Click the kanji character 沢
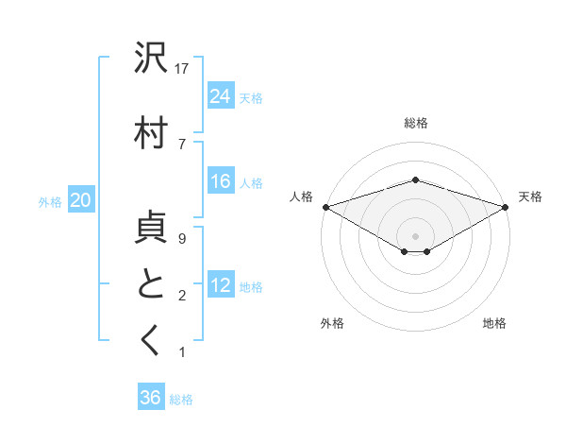coord(151,59)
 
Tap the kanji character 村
coord(151,133)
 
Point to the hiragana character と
coord(151,284)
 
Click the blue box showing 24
coord(221,95)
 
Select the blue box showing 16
coord(221,181)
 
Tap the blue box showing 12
coord(221,285)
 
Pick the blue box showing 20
coord(81,200)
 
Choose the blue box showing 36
coord(151,398)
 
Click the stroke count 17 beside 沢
coord(183,68)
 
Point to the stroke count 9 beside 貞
coord(181,240)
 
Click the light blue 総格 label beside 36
coord(181,400)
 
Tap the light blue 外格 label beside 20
coord(50,201)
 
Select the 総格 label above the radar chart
coord(415,123)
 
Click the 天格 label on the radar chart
coord(530,196)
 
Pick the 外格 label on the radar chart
coord(332,323)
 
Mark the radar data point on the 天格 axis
coord(507,206)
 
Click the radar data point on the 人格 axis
coord(325,206)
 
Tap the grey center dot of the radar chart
coord(415,234)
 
